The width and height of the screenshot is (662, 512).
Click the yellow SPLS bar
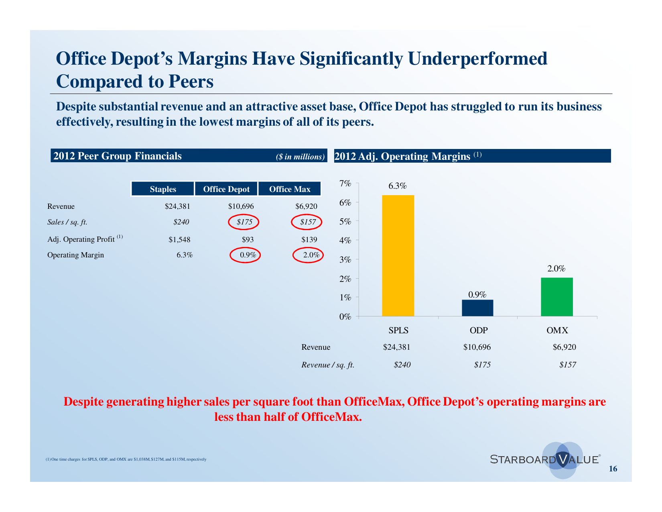tap(398, 255)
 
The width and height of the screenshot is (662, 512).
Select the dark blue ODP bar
tap(477, 308)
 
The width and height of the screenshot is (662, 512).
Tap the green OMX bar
tap(557, 297)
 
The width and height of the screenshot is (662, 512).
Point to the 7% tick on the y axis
tap(345, 184)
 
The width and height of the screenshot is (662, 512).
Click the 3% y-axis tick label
tap(345, 259)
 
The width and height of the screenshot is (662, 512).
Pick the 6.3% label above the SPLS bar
tap(397, 186)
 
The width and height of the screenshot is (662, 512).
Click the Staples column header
tap(163, 189)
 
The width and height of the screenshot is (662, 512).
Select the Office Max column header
tap(290, 189)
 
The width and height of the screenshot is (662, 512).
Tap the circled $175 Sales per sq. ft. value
tap(244, 222)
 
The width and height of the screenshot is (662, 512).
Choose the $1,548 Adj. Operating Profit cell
tap(179, 240)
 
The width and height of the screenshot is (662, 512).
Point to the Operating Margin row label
tap(75, 255)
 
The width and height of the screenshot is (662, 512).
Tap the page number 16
tap(613, 469)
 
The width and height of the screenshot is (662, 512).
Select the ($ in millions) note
tap(300, 157)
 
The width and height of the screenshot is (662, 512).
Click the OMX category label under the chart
tap(557, 330)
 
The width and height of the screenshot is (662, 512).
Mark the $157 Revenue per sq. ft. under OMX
tap(567, 365)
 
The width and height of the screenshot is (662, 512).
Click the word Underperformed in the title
tap(477, 59)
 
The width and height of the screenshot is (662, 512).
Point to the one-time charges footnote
tap(126, 459)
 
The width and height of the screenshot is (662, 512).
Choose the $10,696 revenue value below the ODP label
tap(477, 347)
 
